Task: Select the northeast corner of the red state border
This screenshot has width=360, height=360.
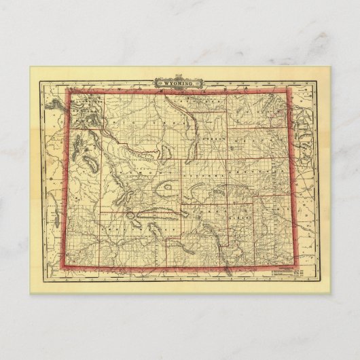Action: (289, 89)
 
